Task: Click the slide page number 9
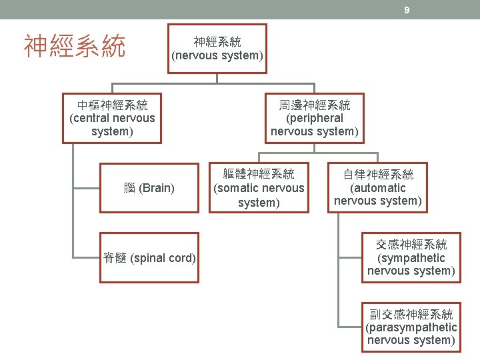[406, 10]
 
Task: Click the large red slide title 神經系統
[75, 47]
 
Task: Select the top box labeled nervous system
[217, 49]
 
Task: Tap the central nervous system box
[112, 118]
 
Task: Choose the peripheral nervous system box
[314, 118]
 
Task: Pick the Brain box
[149, 188]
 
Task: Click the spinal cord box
[149, 258]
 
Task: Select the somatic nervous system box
[259, 188]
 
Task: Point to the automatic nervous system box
[378, 188]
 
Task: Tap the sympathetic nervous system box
[411, 258]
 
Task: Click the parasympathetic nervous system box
[411, 327]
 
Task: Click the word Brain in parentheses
[158, 188]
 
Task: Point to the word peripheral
[315, 118]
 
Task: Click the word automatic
[378, 188]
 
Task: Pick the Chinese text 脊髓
[115, 258]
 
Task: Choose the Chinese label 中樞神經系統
[112, 105]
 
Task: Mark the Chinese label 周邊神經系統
[314, 105]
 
